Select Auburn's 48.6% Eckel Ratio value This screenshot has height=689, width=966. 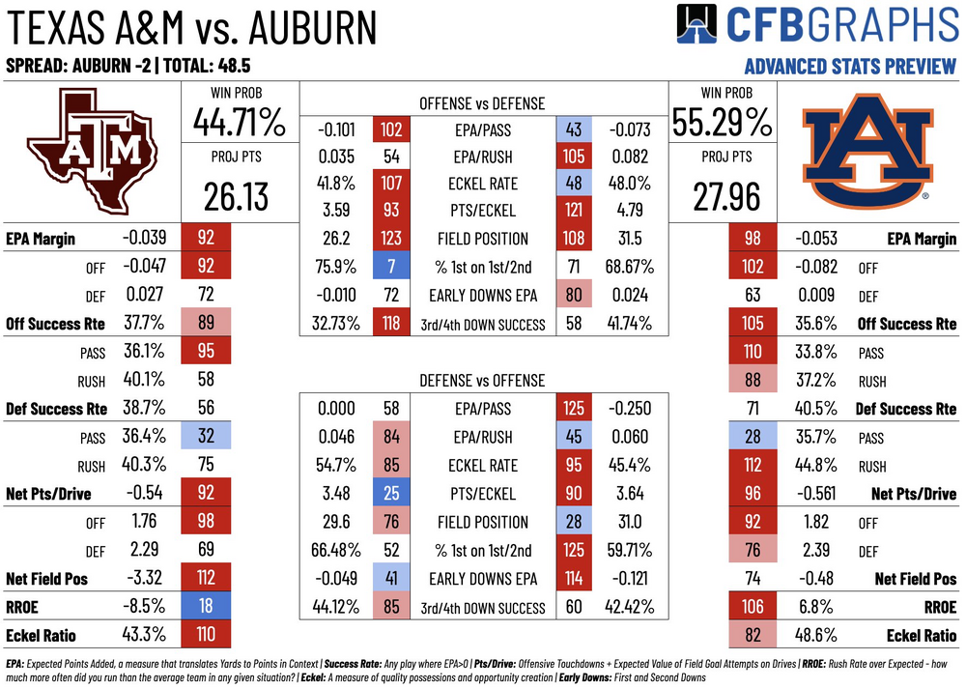[816, 635]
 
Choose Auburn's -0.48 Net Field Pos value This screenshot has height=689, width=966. [816, 578]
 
